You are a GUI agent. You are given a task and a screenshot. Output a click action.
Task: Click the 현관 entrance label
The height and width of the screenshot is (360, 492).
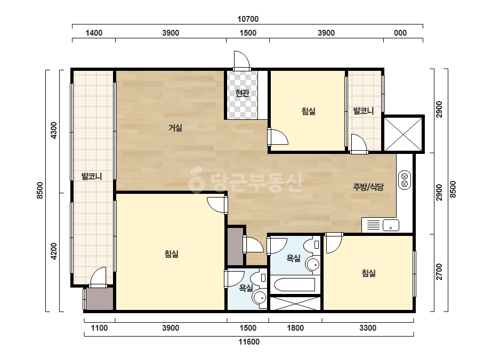tap(242, 93)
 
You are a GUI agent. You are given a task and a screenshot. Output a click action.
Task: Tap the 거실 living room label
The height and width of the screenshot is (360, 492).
tap(175, 128)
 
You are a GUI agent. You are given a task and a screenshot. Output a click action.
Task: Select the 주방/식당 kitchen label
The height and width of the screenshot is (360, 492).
tap(368, 187)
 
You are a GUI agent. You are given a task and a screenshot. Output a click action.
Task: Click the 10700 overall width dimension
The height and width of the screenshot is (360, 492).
tap(248, 19)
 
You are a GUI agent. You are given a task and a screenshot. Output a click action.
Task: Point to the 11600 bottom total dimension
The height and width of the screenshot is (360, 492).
tap(249, 342)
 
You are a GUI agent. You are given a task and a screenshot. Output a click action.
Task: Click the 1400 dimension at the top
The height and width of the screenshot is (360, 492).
tap(94, 33)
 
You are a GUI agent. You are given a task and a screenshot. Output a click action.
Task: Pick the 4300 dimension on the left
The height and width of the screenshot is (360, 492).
tap(54, 130)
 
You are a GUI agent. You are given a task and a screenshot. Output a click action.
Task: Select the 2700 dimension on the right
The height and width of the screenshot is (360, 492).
tap(439, 272)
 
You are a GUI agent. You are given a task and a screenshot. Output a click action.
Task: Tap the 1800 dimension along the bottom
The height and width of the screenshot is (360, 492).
tap(295, 328)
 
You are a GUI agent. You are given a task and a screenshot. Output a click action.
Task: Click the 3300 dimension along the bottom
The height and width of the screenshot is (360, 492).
tap(368, 328)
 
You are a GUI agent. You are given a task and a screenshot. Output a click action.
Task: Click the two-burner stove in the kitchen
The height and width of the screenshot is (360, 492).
tap(405, 179)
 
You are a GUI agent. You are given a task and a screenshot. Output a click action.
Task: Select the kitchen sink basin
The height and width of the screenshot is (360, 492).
tap(391, 225)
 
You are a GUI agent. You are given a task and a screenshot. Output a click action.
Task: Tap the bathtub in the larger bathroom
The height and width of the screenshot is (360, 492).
tap(295, 284)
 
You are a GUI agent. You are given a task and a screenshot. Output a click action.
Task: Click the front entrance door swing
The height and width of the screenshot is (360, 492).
tap(242, 60)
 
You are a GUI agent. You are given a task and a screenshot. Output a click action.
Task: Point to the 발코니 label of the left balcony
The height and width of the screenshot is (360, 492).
tap(92, 176)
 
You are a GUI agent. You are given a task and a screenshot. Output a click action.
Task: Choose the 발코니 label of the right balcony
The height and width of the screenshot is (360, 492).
tap(364, 111)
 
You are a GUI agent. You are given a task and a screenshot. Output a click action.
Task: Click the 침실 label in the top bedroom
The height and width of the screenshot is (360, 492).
tap(309, 111)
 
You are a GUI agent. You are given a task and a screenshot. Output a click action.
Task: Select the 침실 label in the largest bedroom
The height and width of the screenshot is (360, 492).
tap(172, 253)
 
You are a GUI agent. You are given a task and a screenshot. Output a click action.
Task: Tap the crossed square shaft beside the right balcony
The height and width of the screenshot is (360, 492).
tap(404, 134)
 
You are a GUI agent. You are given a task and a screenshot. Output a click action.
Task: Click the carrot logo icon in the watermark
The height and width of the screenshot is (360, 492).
tap(197, 179)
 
